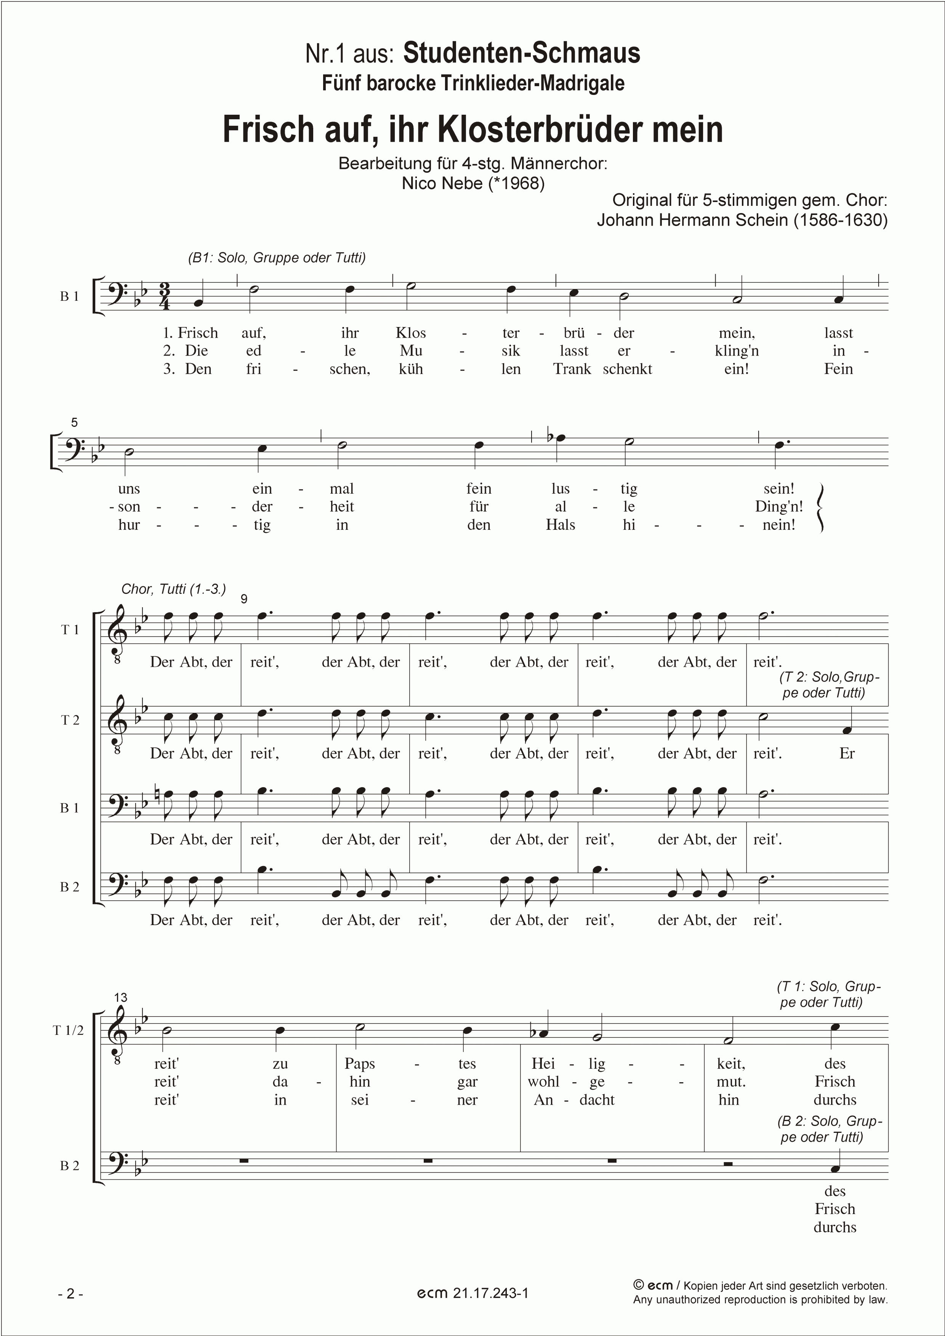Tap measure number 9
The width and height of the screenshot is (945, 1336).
click(244, 599)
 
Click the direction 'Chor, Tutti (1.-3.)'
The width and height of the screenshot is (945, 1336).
click(173, 589)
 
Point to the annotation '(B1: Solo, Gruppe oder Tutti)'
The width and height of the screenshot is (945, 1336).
click(276, 258)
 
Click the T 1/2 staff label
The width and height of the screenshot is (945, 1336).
click(68, 1030)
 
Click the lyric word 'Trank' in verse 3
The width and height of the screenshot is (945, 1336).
click(572, 369)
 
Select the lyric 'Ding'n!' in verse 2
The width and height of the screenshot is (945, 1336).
click(778, 507)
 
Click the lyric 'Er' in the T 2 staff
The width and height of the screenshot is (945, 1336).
click(847, 753)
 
